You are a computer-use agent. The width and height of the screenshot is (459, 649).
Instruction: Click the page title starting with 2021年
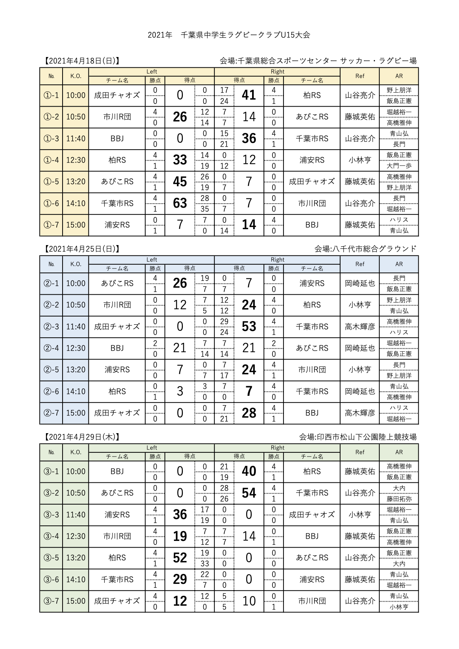pyautogui.click(x=229, y=35)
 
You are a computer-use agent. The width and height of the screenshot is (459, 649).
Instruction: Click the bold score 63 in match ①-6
pyautogui.click(x=180, y=203)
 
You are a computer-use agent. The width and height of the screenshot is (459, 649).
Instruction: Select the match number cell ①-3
pyautogui.click(x=51, y=138)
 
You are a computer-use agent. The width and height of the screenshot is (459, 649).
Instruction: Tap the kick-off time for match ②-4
pyautogui.click(x=76, y=348)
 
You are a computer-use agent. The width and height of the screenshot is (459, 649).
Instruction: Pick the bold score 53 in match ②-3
pyautogui.click(x=249, y=327)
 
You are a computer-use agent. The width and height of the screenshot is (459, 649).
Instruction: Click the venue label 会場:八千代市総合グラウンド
pyautogui.click(x=365, y=249)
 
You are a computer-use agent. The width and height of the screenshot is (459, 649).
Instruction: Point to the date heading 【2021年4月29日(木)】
pyautogui.click(x=82, y=437)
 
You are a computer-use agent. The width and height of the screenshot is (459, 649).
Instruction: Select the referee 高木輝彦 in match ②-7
pyautogui.click(x=360, y=413)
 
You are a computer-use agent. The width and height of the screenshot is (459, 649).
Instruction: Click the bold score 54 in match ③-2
pyautogui.click(x=249, y=493)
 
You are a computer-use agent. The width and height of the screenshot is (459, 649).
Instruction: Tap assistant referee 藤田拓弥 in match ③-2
pyautogui.click(x=399, y=499)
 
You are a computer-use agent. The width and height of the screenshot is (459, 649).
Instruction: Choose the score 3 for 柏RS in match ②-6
pyautogui.click(x=180, y=391)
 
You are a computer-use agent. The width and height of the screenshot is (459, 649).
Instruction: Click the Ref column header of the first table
pyautogui.click(x=360, y=76)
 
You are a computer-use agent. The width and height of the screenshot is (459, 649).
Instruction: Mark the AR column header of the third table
pyautogui.click(x=399, y=452)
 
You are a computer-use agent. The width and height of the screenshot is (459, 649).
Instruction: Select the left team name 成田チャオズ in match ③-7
pyautogui.click(x=117, y=601)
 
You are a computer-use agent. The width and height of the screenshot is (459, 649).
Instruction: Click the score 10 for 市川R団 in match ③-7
pyautogui.click(x=249, y=601)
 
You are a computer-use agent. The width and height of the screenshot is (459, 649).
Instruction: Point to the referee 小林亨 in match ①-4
pyautogui.click(x=360, y=160)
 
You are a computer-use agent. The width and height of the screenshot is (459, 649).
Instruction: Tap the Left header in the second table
pyautogui.click(x=152, y=260)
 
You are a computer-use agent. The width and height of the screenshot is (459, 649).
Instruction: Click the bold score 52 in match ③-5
pyautogui.click(x=180, y=558)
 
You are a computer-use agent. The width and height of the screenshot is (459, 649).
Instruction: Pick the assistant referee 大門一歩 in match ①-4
pyautogui.click(x=399, y=165)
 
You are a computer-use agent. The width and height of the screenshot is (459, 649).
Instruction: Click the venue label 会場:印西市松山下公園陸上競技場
pyautogui.click(x=358, y=437)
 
